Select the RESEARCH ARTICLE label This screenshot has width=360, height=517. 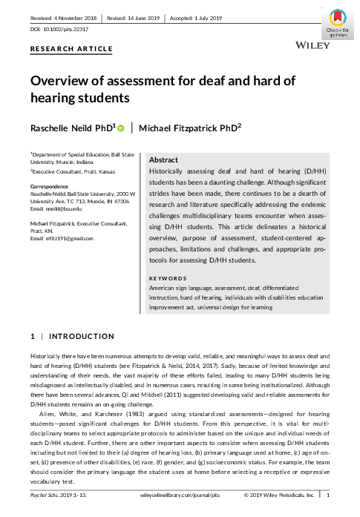tap(71, 49)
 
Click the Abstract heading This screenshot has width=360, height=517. tap(163, 160)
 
